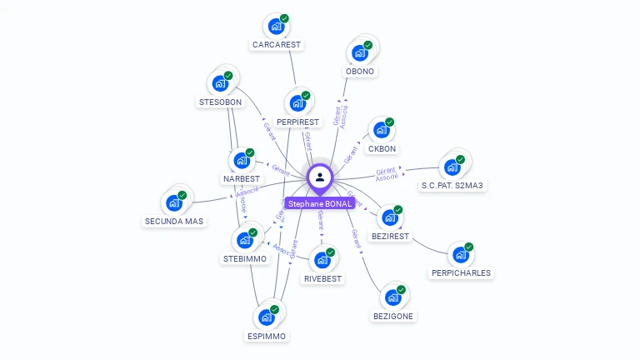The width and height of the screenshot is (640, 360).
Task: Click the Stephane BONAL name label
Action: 320,203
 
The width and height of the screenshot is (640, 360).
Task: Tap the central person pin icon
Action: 320,177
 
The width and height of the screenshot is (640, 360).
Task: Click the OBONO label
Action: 360,71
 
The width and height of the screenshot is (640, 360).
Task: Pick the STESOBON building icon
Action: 220,84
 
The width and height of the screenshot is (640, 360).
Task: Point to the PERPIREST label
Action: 297,122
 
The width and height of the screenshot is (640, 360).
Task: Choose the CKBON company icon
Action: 382,130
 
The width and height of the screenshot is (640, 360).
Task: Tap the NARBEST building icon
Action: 242,160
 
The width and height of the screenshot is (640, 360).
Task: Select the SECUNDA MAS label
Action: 174,221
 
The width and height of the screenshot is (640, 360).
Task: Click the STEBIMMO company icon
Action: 245,240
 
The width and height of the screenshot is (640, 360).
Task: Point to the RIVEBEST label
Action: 322,278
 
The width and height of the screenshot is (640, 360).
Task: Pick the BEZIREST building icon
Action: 390,217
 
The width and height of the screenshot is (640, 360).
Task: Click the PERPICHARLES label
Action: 461,272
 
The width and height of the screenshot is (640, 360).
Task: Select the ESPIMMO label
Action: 267,336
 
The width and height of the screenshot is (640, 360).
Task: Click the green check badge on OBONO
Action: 367,45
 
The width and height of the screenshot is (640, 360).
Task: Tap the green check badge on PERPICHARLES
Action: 468,247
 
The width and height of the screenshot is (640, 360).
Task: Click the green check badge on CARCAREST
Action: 284,18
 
